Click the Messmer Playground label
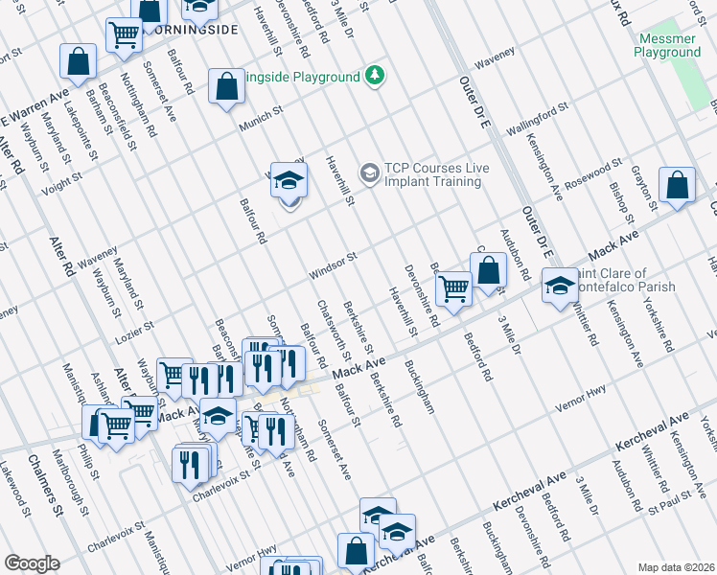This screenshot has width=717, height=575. pyautogui.click(x=667, y=46)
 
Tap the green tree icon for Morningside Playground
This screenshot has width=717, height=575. pyautogui.click(x=377, y=76)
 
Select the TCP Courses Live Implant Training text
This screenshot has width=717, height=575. pyautogui.click(x=436, y=174)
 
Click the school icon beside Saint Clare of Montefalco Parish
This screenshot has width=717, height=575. pyautogui.click(x=560, y=286)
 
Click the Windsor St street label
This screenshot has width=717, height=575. pyautogui.click(x=333, y=265)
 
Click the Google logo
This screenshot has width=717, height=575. pyautogui.click(x=32, y=563)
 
